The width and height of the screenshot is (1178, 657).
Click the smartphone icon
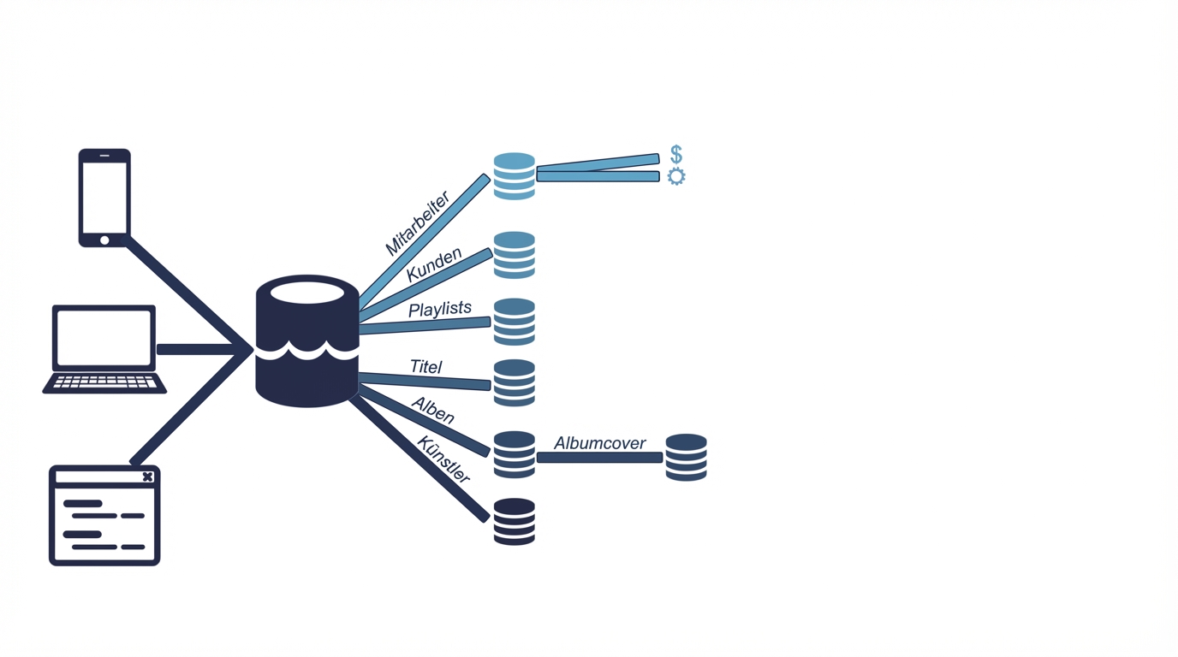point(104,198)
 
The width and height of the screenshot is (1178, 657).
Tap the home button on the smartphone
point(104,240)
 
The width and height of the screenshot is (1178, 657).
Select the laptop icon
point(104,349)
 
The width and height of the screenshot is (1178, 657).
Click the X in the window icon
point(147,476)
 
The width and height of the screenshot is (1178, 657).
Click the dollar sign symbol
point(676,154)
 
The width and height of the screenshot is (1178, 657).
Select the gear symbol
point(676,176)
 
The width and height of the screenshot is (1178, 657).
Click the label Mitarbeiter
point(417,224)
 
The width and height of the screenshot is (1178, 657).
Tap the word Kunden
point(434,263)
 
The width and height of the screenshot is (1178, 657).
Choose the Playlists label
point(440,309)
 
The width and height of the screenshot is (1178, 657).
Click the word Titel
point(426,367)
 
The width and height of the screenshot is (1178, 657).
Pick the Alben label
point(433,411)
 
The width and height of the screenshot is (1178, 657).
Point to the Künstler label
point(443,459)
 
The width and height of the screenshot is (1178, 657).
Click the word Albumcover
point(599,443)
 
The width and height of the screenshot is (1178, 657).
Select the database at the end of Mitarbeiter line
point(515,176)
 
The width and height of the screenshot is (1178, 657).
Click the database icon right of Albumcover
point(687,458)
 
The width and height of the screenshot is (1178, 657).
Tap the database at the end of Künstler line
point(515,522)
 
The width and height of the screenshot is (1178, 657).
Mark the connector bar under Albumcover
point(599,458)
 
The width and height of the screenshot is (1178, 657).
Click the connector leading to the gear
point(598,176)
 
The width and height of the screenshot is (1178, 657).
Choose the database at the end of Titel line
point(515,382)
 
